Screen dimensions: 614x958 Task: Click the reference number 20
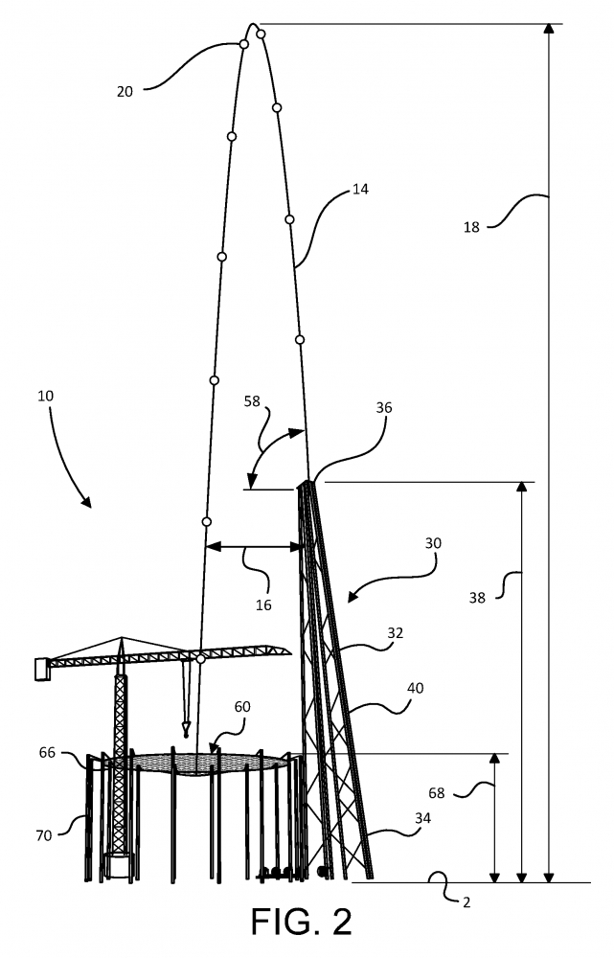pyautogui.click(x=125, y=92)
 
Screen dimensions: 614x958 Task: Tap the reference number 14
pyautogui.click(x=360, y=190)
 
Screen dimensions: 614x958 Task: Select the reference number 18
pyautogui.click(x=471, y=227)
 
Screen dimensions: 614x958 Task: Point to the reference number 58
pyautogui.click(x=252, y=401)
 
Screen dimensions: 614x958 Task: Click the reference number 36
pyautogui.click(x=384, y=407)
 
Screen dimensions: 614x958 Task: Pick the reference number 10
pyautogui.click(x=46, y=396)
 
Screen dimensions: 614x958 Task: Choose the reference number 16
pyautogui.click(x=263, y=604)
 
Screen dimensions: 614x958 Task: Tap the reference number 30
pyautogui.click(x=433, y=543)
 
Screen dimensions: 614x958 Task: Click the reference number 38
pyautogui.click(x=477, y=598)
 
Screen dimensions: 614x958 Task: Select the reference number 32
pyautogui.click(x=396, y=633)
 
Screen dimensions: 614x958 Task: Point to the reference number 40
pyautogui.click(x=415, y=688)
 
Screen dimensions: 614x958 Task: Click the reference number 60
pyautogui.click(x=242, y=707)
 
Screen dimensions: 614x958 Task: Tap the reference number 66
pyautogui.click(x=47, y=753)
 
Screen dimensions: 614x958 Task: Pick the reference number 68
pyautogui.click(x=436, y=793)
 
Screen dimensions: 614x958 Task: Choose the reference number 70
pyautogui.click(x=44, y=835)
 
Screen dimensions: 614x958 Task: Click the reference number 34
pyautogui.click(x=422, y=817)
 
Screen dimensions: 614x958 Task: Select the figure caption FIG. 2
pyautogui.click(x=302, y=922)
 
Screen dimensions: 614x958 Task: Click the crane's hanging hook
pyautogui.click(x=186, y=729)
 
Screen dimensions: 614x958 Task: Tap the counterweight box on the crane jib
pyautogui.click(x=42, y=669)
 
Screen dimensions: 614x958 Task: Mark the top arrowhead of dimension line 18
pyautogui.click(x=549, y=29)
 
